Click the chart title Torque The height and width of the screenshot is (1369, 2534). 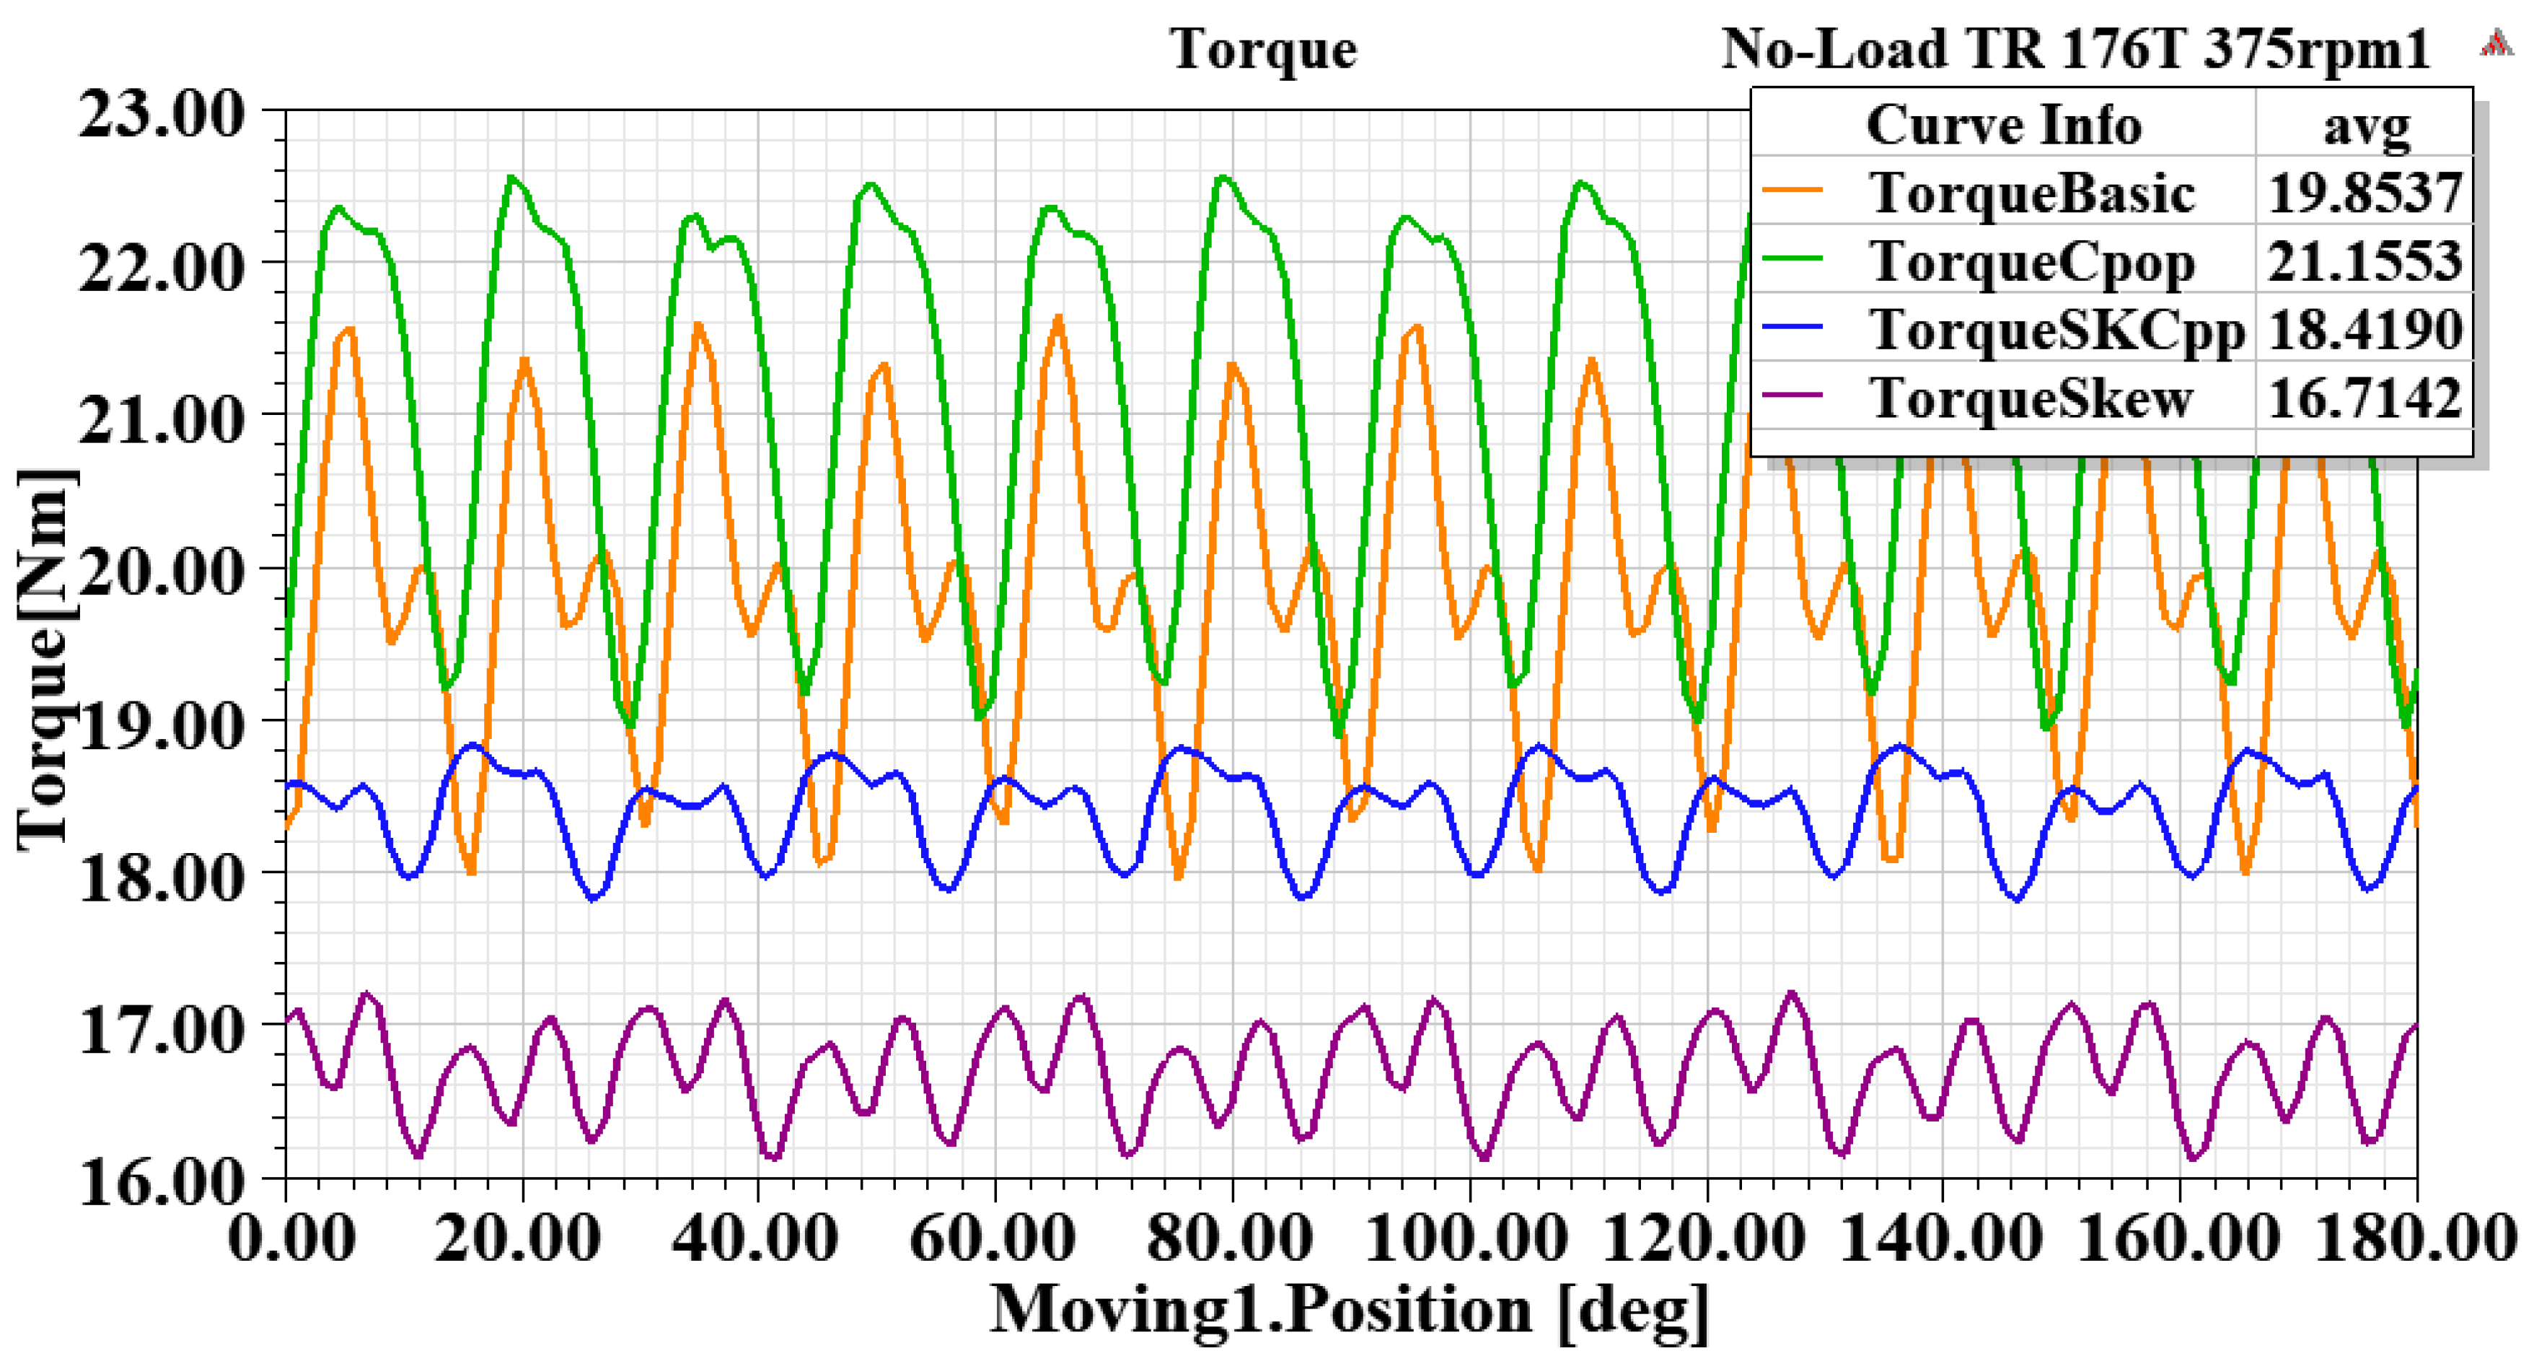pos(1263,49)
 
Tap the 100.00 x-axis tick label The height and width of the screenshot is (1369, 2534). pos(1468,1237)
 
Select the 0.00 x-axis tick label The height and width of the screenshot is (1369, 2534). pos(292,1237)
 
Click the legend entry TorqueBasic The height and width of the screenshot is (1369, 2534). pos(2032,193)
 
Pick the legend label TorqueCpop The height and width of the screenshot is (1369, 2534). pos(2032,262)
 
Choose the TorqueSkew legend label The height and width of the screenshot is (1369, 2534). pos(2032,398)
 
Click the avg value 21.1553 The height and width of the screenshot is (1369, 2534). pos(2364,262)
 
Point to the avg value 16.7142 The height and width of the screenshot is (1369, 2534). pos(2364,398)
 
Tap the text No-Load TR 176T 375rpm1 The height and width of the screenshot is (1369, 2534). pos(2075,49)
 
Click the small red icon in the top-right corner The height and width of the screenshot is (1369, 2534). pos(2496,44)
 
